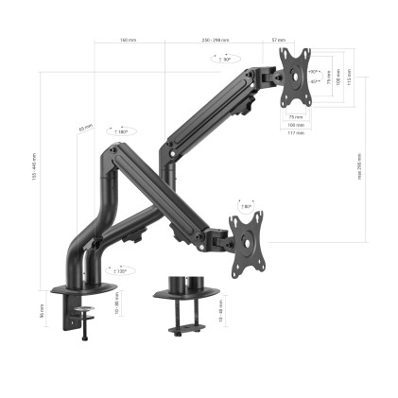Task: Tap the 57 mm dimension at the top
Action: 279,40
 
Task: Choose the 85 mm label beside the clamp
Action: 43,309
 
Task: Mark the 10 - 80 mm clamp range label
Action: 114,308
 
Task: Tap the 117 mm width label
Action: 296,132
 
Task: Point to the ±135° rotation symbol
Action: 120,271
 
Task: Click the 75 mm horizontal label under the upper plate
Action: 296,117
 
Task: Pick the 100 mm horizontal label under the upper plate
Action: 296,125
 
